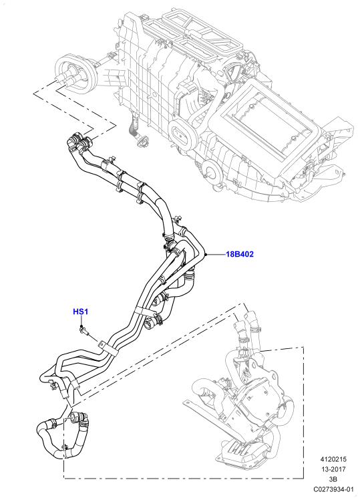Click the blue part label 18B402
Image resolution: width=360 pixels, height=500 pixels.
240,255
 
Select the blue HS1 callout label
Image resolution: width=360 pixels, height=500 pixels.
80,311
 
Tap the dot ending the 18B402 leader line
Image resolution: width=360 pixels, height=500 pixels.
206,255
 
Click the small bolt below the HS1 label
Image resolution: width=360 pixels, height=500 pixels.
83,331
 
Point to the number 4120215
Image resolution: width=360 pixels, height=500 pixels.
333,459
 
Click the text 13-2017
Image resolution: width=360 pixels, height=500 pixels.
333,469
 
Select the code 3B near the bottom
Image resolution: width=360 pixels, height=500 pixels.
333,479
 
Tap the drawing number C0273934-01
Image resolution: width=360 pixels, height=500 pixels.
333,489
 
